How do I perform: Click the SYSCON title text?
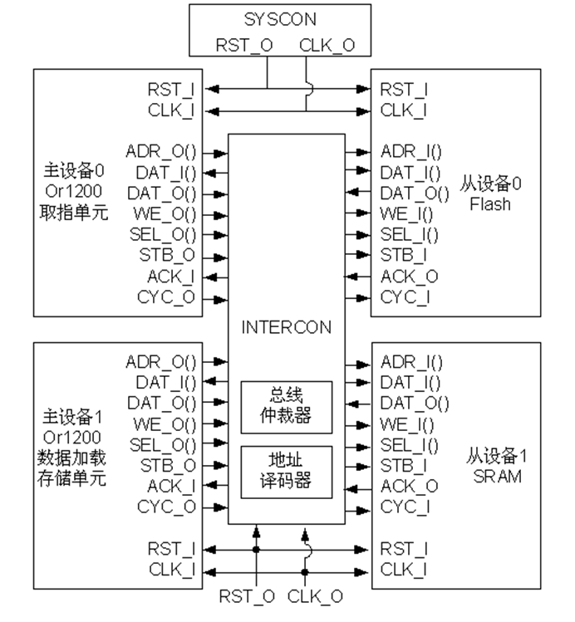point(280,19)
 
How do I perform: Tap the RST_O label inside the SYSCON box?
point(244,45)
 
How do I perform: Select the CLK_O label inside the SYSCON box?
point(327,45)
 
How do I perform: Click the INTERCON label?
point(286,327)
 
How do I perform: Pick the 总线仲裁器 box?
point(287,408)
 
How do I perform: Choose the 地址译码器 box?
point(287,472)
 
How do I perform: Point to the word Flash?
point(490,204)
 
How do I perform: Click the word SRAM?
point(497,477)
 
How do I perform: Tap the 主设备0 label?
point(73,170)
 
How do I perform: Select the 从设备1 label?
point(496,456)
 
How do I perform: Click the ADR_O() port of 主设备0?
point(160,151)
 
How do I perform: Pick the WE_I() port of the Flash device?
point(406,214)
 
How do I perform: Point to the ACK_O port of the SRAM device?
point(409,486)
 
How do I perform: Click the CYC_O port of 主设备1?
point(166,507)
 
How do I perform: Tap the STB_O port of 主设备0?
point(167,255)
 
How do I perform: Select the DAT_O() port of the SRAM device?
point(415,403)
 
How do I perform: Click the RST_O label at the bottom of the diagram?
point(247,596)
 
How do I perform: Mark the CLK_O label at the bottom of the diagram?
point(315,596)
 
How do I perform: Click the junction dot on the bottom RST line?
point(257,550)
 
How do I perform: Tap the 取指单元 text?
point(73,213)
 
